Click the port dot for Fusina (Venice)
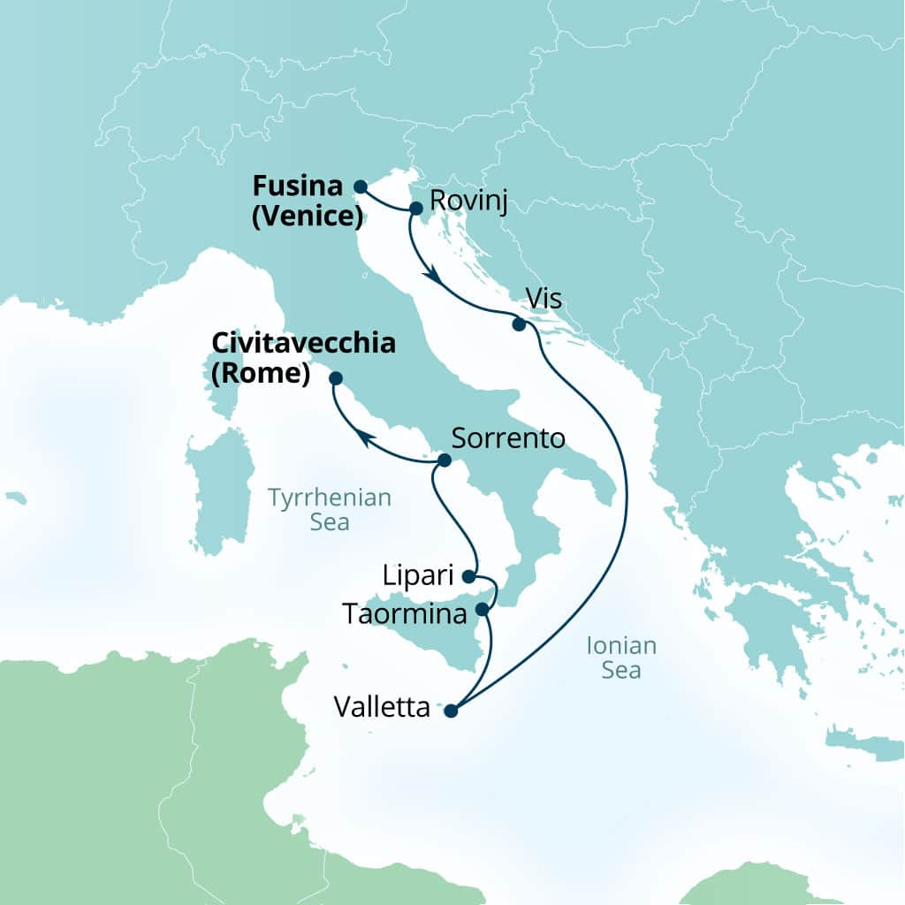[x=360, y=186]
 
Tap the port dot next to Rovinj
[x=415, y=208]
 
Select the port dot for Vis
[x=520, y=324]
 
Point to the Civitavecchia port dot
[x=336, y=378]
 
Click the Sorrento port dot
[x=445, y=460]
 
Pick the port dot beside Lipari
[x=468, y=576]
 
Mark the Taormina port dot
[x=482, y=609]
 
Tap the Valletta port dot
[x=451, y=710]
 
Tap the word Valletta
[x=382, y=708]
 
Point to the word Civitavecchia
[x=303, y=344]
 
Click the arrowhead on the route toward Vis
[x=433, y=277]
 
